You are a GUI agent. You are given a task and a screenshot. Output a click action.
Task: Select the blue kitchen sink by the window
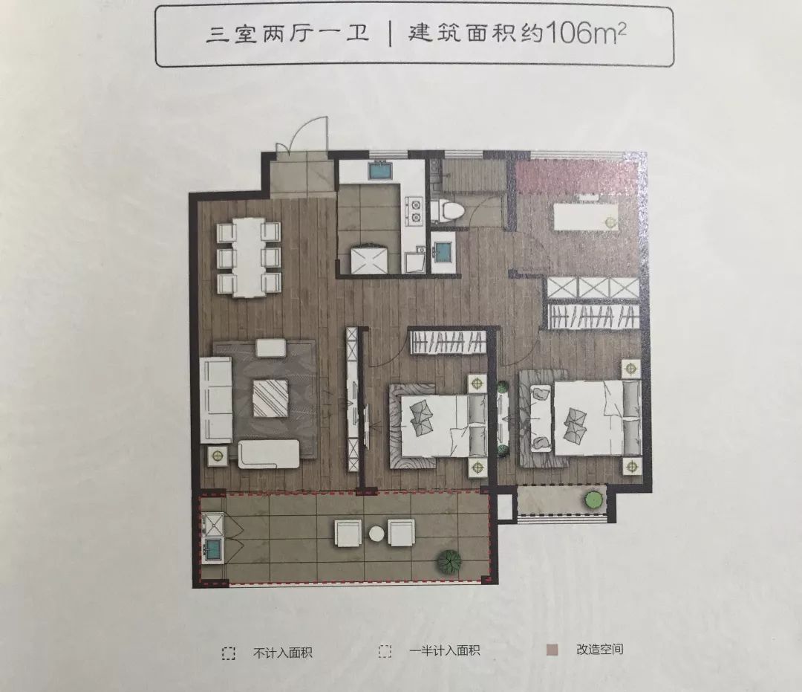tap(381, 170)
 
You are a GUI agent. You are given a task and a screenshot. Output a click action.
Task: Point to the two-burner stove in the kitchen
tap(414, 210)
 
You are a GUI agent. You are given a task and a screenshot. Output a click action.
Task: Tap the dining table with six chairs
tap(248, 256)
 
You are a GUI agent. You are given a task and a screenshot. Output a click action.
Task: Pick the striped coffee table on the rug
tap(270, 398)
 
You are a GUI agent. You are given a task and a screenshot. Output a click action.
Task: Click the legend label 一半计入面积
tap(444, 651)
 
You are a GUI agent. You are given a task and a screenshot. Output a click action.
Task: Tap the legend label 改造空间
tap(599, 650)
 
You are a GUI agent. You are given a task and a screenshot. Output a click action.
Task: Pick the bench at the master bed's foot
tap(535, 421)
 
